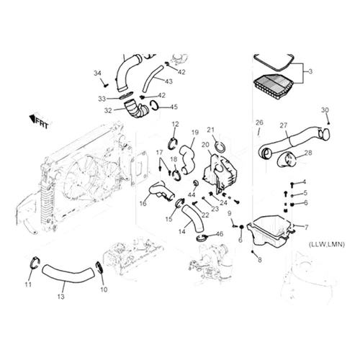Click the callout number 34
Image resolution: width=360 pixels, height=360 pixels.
98,73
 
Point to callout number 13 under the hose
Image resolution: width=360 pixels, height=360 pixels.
61,296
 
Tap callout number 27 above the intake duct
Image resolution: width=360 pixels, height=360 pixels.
284,125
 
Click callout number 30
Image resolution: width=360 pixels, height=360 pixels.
325,110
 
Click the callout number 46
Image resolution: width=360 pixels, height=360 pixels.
220,235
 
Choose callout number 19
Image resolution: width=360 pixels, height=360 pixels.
194,132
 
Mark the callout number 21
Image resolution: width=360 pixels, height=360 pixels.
211,130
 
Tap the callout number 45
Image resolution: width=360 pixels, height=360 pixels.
174,108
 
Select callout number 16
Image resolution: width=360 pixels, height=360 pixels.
143,204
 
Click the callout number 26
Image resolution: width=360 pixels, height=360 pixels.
259,122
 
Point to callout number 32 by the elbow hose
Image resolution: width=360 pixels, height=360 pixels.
108,111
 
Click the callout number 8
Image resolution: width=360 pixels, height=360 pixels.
260,259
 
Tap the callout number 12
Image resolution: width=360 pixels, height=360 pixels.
174,125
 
